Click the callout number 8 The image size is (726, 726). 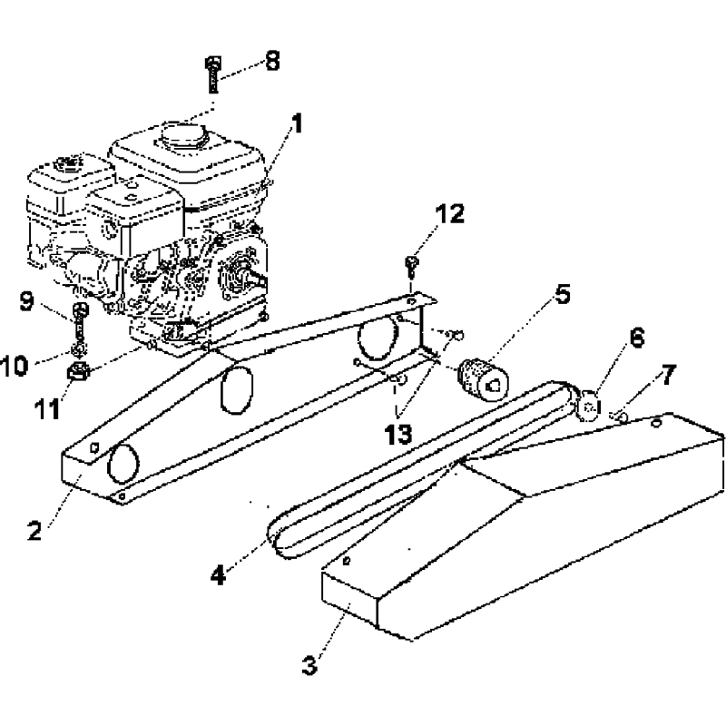271,61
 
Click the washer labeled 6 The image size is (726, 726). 589,402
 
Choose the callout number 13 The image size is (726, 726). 397,434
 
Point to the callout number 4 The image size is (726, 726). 221,574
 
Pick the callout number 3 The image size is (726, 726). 311,665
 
